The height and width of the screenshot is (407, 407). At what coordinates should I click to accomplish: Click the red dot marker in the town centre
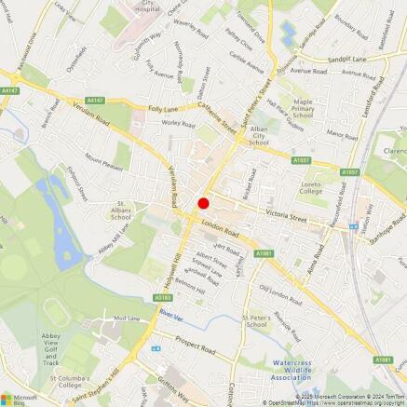(x=203, y=203)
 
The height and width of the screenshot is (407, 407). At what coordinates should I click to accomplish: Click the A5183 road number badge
(x=163, y=298)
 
